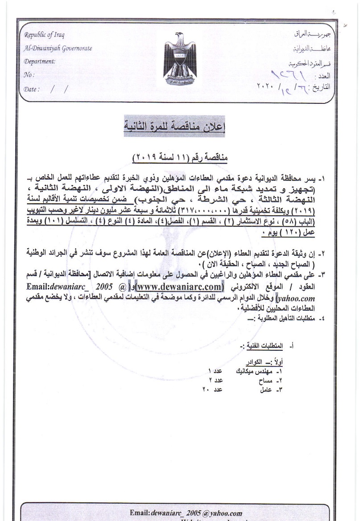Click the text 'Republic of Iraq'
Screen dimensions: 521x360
point(44,35)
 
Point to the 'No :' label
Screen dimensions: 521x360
point(29,75)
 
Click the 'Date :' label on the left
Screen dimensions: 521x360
point(32,89)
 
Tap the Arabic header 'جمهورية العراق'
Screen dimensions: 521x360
point(310,34)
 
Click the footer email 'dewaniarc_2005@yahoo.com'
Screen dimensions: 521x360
point(186,513)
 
